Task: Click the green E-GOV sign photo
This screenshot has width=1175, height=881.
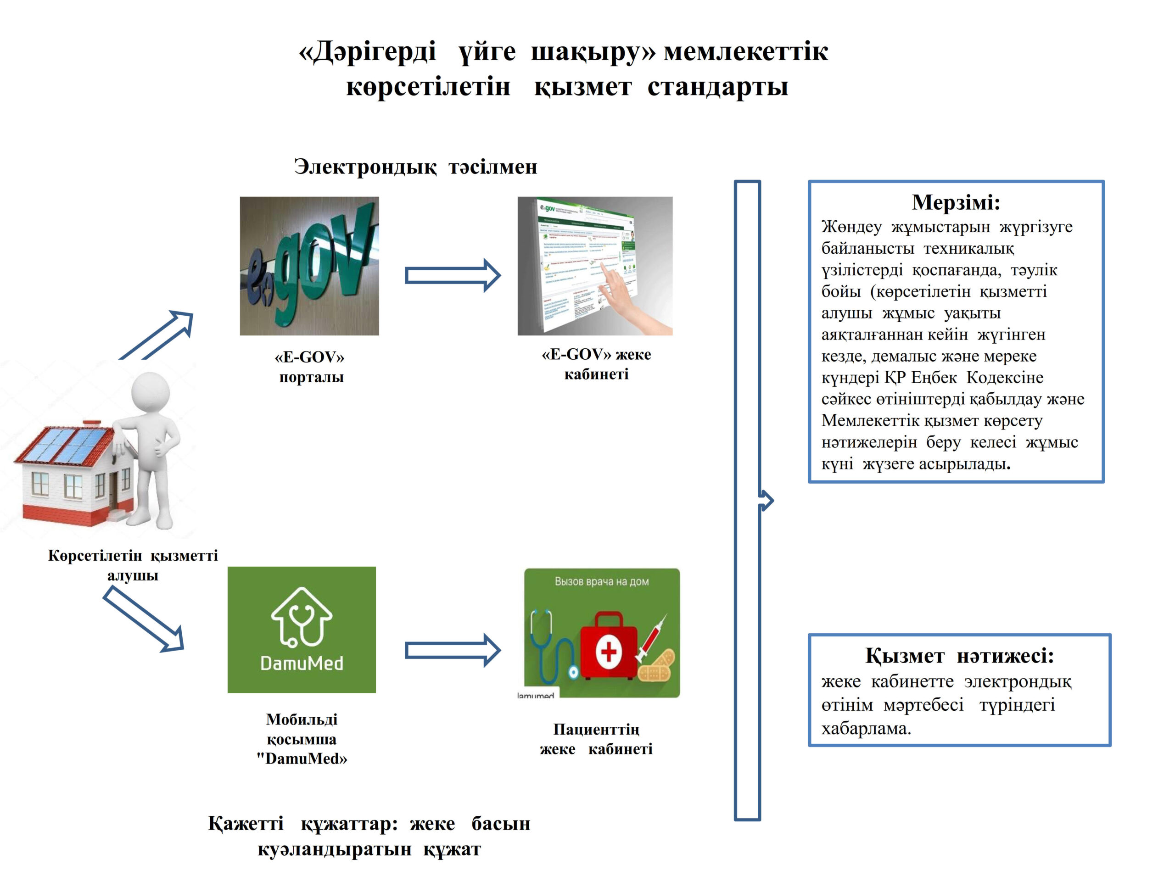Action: pyautogui.click(x=309, y=266)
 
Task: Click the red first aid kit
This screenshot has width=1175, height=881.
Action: pyautogui.click(x=608, y=647)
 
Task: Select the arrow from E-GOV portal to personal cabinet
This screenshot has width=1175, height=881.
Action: pyautogui.click(x=453, y=275)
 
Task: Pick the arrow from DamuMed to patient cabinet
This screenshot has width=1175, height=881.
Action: pyautogui.click(x=453, y=650)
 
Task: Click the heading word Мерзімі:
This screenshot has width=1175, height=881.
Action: pyautogui.click(x=956, y=202)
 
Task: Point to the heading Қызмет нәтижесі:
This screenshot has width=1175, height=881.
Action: pyautogui.click(x=959, y=655)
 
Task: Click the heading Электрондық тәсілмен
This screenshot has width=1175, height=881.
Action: pyautogui.click(x=415, y=167)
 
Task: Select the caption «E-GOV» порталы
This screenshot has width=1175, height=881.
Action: pyautogui.click(x=310, y=367)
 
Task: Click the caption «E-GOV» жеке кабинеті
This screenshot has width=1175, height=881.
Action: pyautogui.click(x=596, y=364)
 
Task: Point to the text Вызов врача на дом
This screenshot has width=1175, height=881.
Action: pyautogui.click(x=602, y=581)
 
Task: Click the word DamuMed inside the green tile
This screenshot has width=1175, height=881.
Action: pyautogui.click(x=302, y=663)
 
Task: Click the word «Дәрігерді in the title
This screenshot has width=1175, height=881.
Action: pyautogui.click(x=368, y=52)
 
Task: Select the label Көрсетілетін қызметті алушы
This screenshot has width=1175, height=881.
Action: pyautogui.click(x=133, y=565)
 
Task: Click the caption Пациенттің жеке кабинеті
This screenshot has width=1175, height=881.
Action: pyautogui.click(x=596, y=739)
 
